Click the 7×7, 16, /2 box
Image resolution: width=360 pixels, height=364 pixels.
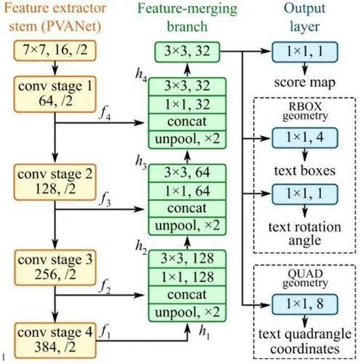pyautogui.click(x=55, y=50)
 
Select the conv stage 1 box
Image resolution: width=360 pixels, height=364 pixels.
pyautogui.click(x=55, y=94)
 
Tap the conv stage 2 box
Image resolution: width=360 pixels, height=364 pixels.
pyautogui.click(x=55, y=182)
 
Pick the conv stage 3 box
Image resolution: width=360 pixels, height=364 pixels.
pyautogui.click(x=55, y=267)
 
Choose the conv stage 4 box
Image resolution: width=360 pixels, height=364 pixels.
pyautogui.click(x=55, y=340)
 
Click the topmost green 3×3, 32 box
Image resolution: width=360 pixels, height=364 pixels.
pyautogui.click(x=187, y=52)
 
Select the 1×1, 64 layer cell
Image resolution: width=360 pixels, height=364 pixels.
pyautogui.click(x=187, y=191)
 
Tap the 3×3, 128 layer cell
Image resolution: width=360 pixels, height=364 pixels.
pyautogui.click(x=187, y=258)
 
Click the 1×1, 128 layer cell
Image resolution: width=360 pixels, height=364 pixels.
pyautogui.click(x=187, y=277)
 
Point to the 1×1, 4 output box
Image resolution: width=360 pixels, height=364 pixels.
pyautogui.click(x=305, y=138)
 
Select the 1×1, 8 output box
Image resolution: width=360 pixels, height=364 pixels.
pyautogui.click(x=305, y=304)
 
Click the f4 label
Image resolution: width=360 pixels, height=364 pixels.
pyautogui.click(x=105, y=114)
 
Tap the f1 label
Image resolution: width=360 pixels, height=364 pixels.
pyautogui.click(x=105, y=331)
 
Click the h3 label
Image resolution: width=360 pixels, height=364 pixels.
pyautogui.click(x=141, y=162)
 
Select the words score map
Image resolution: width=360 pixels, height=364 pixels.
pyautogui.click(x=305, y=82)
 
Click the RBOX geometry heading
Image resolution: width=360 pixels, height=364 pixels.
pyautogui.click(x=305, y=111)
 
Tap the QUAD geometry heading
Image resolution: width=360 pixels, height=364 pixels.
pyautogui.click(x=305, y=278)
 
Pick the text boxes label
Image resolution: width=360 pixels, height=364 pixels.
pyautogui.click(x=305, y=170)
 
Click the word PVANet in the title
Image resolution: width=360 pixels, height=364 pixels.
pyautogui.click(x=71, y=26)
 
